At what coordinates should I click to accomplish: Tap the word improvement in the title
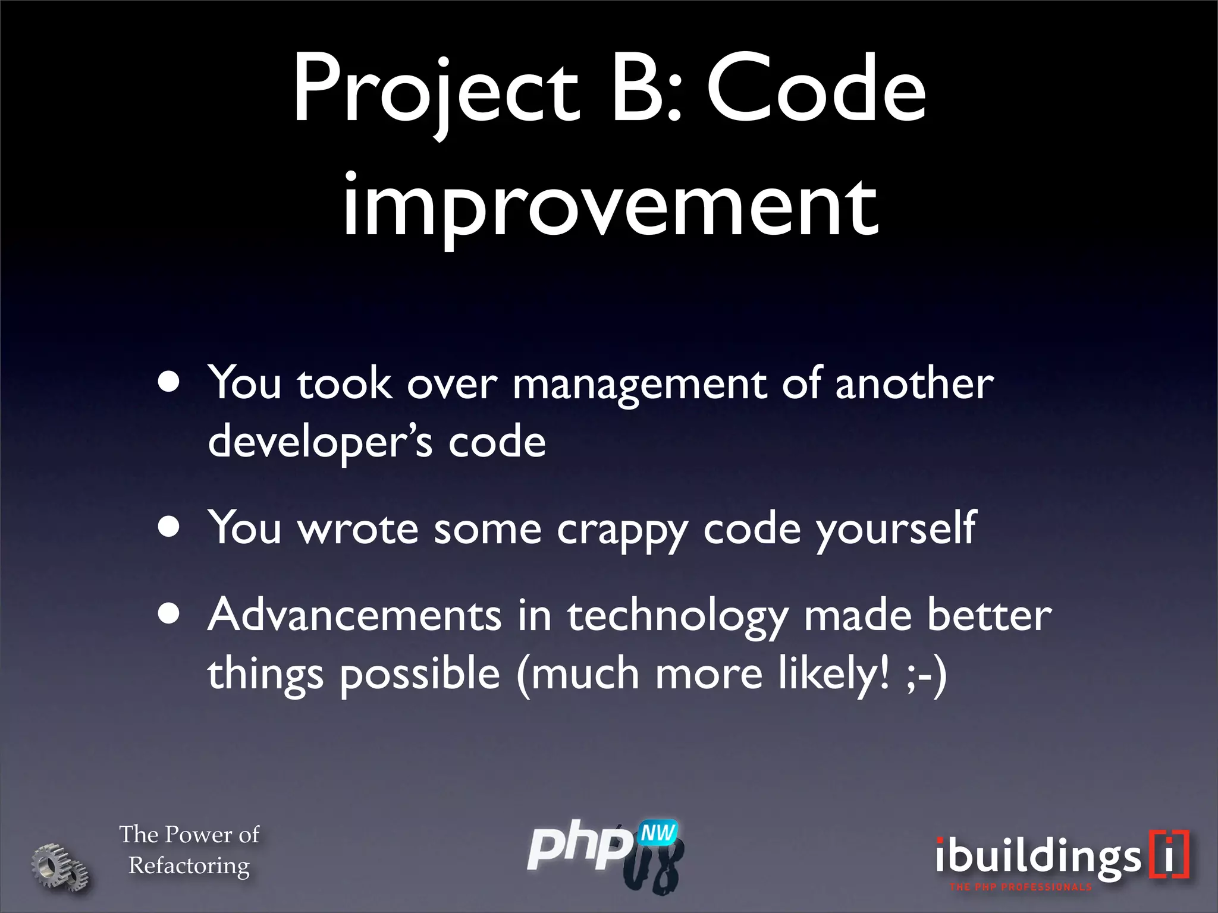(x=610, y=205)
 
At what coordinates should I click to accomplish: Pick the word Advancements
(x=354, y=615)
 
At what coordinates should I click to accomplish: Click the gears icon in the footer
(x=59, y=867)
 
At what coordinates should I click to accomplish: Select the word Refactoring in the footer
(x=189, y=866)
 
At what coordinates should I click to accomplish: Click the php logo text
(x=580, y=847)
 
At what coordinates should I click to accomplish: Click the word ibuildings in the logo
(x=1038, y=858)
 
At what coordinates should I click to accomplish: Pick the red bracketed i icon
(x=1169, y=854)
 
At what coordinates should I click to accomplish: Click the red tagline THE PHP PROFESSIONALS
(x=1021, y=887)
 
